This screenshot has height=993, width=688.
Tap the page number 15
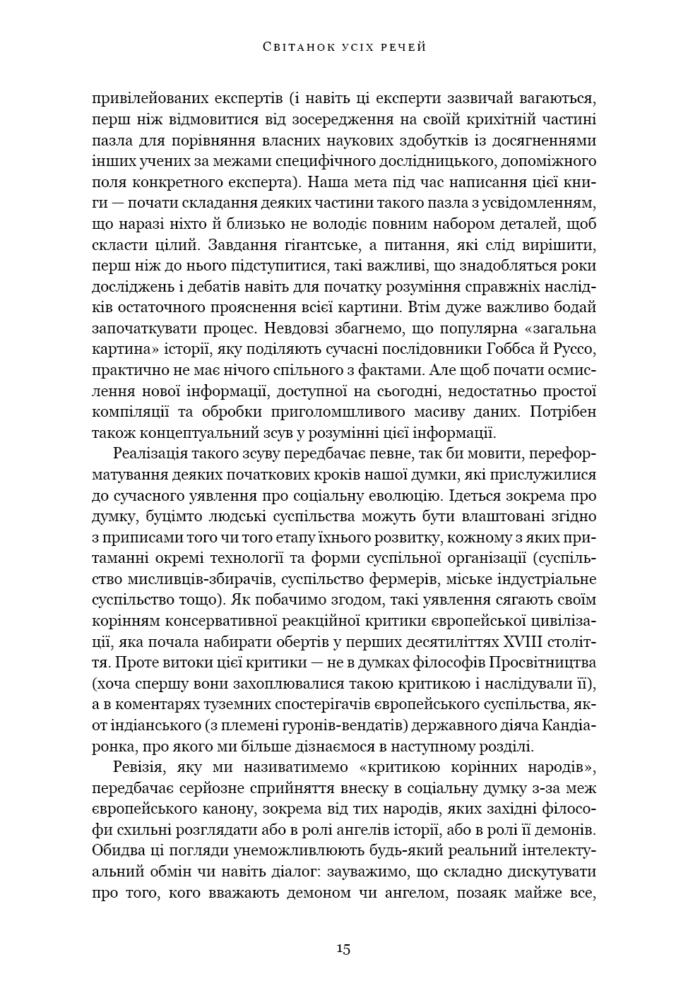[x=343, y=948]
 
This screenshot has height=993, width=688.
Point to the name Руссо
[x=573, y=349]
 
